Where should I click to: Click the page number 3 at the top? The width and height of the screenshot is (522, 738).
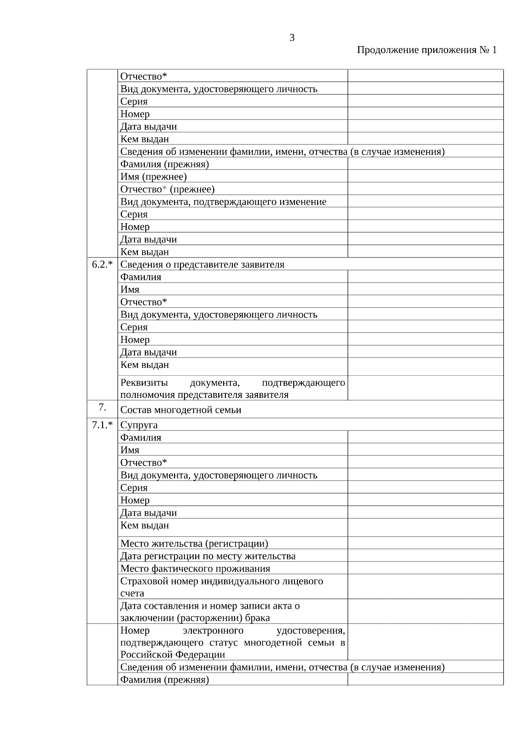point(292,38)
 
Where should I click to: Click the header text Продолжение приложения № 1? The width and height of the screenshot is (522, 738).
point(426,50)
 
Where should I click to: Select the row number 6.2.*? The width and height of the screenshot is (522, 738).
point(102,264)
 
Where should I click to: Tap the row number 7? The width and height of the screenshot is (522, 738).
point(102,407)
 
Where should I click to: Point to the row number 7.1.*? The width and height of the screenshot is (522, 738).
point(102,425)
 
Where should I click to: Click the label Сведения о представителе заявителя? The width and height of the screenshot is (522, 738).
point(202,264)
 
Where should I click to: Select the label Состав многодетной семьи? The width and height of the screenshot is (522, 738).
point(181,410)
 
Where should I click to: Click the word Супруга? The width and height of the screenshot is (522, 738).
point(139,425)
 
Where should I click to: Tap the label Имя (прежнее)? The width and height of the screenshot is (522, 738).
point(154,177)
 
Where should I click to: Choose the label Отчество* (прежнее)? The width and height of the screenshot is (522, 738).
point(167,189)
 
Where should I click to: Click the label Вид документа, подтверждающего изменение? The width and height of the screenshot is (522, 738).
point(223,202)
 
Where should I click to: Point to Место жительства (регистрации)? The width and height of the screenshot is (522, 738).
point(194,544)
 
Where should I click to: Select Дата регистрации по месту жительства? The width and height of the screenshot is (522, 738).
point(208,556)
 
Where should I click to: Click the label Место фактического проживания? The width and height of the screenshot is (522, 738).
point(195,569)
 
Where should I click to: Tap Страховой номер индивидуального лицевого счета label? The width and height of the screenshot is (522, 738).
point(221,587)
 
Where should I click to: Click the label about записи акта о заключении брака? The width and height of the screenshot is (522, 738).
point(210,611)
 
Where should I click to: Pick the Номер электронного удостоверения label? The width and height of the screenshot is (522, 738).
point(233,642)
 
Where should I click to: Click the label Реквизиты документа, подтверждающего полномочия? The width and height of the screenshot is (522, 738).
point(233,388)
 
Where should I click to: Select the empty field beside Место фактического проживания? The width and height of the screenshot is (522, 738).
point(425,568)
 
